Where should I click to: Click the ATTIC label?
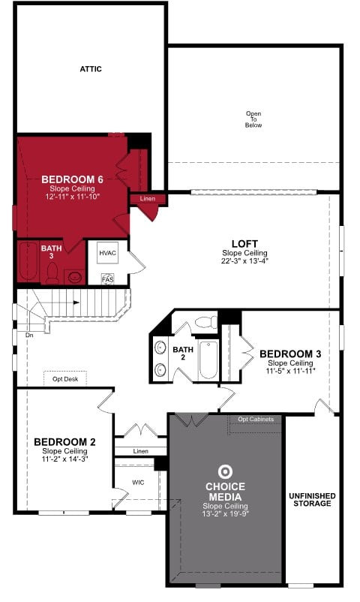(91, 69)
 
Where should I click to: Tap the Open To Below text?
(253, 119)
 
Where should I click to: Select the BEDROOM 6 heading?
(72, 179)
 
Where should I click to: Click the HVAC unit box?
(107, 253)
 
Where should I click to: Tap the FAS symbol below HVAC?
(108, 279)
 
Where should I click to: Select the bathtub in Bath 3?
(28, 261)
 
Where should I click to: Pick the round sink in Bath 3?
(74, 277)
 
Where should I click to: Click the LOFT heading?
(244, 244)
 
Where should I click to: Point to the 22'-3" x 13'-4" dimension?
(244, 261)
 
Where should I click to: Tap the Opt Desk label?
(65, 379)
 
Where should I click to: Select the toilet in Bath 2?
(206, 322)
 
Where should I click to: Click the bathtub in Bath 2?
(208, 360)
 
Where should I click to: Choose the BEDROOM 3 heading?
(290, 354)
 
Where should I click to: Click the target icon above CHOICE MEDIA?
(225, 472)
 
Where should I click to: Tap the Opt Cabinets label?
(256, 419)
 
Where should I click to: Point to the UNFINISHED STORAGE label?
(312, 499)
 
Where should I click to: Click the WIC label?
(138, 482)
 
